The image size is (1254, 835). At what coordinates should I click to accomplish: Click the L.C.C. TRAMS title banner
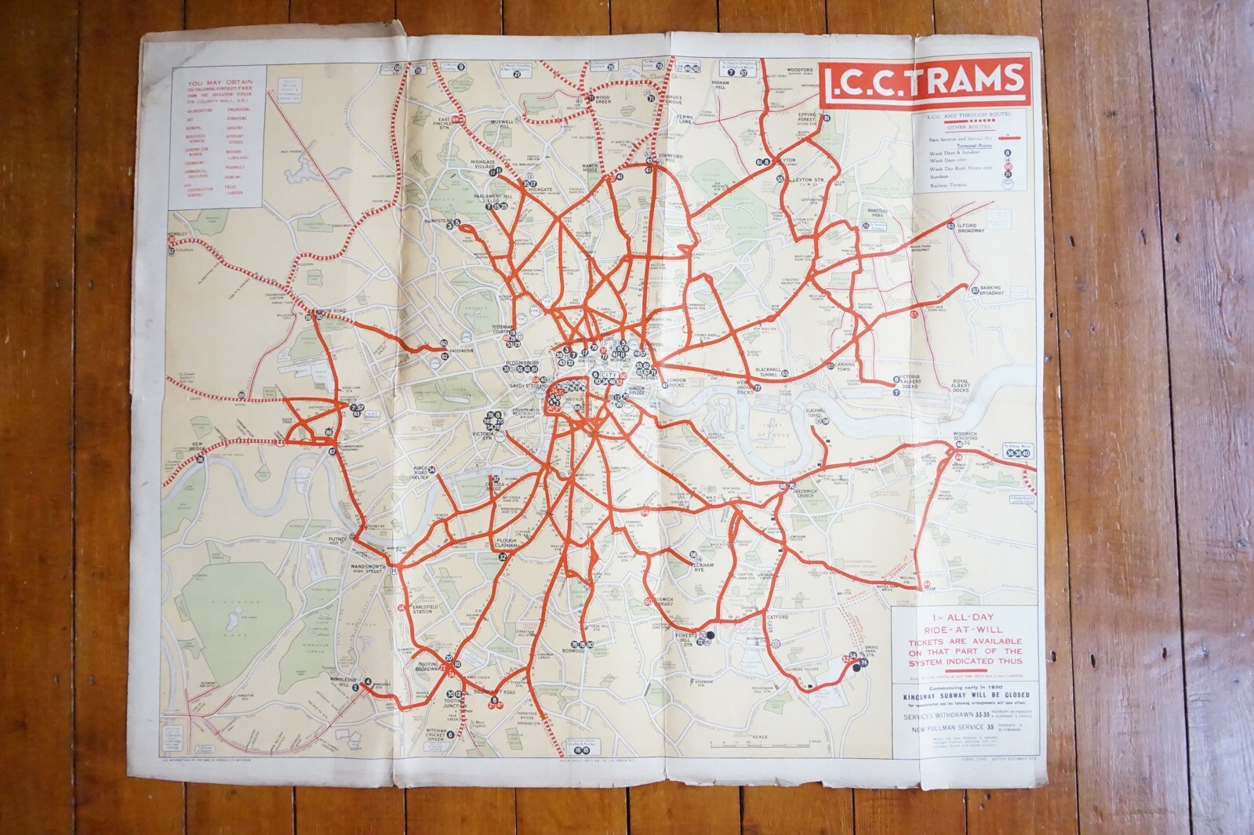[924, 79]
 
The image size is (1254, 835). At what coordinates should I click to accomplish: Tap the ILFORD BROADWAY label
[971, 228]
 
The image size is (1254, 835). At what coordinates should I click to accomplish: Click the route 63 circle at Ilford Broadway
[950, 227]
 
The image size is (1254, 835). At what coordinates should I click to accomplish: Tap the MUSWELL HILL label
[500, 125]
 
